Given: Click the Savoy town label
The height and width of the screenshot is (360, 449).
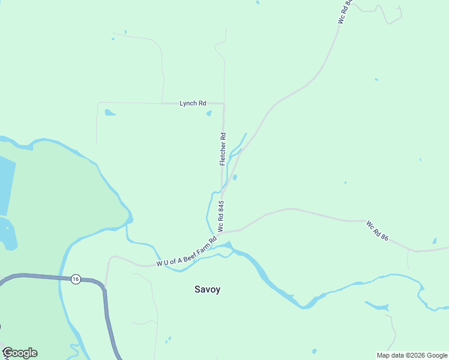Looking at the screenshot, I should tap(207, 289).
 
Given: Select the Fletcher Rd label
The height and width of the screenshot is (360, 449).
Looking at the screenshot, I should tap(223, 149).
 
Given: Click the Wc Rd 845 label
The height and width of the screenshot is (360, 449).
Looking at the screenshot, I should tap(221, 217).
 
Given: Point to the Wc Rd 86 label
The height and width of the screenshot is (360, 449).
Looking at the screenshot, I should tap(378, 230).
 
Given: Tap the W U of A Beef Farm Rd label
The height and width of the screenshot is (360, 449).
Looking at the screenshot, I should tap(186, 252).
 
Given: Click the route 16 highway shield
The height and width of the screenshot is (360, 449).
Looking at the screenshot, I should tap(75, 279).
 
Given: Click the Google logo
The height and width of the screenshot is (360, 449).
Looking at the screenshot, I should tap(20, 353).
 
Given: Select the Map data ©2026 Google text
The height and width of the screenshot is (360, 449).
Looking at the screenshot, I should tap(412, 355).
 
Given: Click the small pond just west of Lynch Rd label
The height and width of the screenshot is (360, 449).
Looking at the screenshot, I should tap(109, 112).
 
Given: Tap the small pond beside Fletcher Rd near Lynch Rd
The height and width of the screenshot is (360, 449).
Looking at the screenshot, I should tap(209, 113).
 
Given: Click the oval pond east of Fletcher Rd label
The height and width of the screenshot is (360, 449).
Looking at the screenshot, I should tap(235, 177).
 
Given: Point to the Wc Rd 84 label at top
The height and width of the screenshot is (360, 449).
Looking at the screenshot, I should tap(343, 12).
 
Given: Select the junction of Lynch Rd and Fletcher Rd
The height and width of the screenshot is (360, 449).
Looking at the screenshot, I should tap(224, 104).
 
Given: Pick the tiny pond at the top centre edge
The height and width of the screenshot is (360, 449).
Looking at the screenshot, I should tap(258, 2).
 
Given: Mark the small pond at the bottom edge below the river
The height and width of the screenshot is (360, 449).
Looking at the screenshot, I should tap(314, 351).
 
